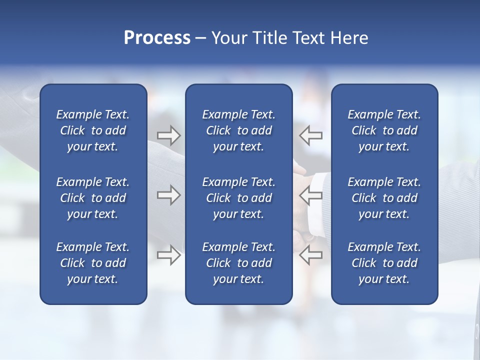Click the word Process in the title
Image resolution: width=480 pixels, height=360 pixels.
click(157, 38)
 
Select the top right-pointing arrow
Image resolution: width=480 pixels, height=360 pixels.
click(168, 135)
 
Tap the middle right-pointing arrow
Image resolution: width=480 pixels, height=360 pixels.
click(168, 195)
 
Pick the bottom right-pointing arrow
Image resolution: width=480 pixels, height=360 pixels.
click(168, 255)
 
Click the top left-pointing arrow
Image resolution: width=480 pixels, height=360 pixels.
click(310, 135)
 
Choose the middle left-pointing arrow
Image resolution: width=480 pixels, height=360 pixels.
click(310, 195)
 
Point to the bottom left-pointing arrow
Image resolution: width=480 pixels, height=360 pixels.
click(310, 255)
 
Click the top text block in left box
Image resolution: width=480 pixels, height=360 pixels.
click(93, 130)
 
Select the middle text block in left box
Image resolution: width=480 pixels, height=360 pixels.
click(93, 198)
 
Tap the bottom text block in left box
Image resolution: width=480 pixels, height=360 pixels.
click(93, 263)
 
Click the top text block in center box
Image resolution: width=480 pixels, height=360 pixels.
click(238, 130)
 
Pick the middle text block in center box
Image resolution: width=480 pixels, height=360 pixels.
click(238, 198)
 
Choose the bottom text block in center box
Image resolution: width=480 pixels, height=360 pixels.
click(238, 263)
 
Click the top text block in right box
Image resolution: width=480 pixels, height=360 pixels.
click(384, 130)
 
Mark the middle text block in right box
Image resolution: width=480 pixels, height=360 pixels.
click(384, 198)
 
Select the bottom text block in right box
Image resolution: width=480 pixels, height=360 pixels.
click(384, 263)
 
